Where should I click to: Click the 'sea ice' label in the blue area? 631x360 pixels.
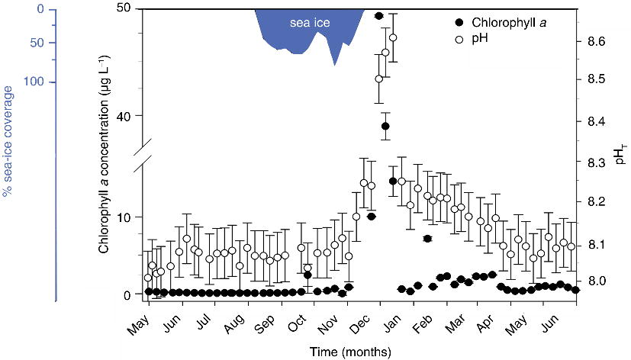click(x=310, y=24)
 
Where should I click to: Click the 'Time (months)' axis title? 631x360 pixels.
click(x=351, y=352)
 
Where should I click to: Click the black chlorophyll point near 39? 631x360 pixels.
click(x=386, y=126)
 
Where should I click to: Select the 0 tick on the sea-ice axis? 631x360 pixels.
click(x=50, y=10)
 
